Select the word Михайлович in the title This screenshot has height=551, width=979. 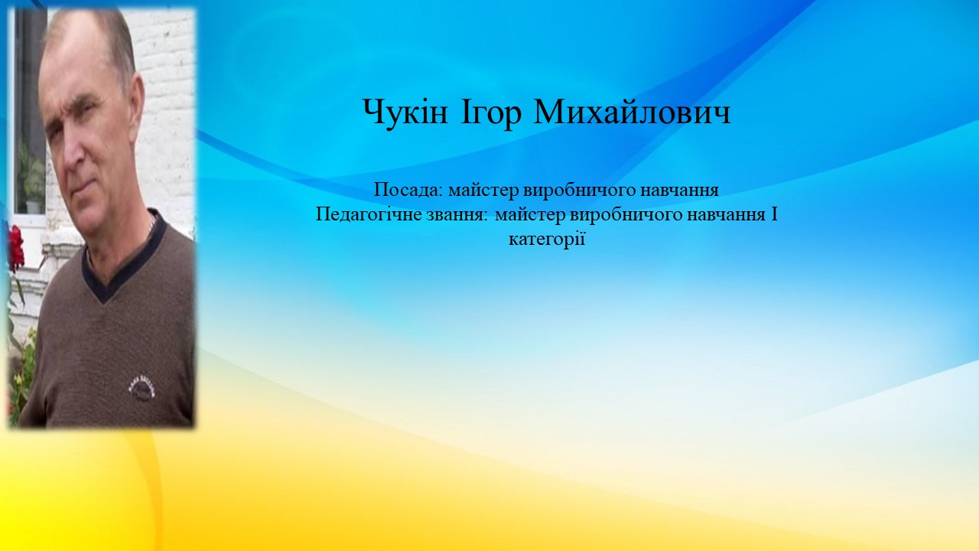(632, 112)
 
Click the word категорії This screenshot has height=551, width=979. (547, 240)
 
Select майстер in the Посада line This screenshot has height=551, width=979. (483, 191)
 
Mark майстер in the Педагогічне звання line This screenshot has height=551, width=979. (530, 216)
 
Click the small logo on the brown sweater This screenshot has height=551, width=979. (142, 386)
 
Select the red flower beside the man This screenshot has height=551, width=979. (16, 247)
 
